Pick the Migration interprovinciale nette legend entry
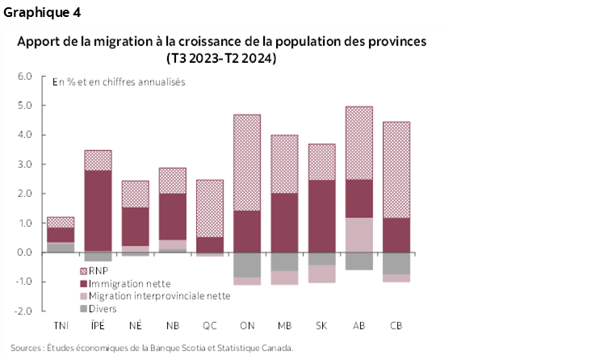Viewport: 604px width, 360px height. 153,295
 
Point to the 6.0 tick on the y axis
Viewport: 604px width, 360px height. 25,77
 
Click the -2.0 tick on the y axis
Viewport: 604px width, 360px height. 23,311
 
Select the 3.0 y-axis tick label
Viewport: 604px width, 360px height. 25,165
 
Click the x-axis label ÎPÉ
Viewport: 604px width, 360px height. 98,325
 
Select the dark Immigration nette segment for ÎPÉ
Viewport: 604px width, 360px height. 98,210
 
